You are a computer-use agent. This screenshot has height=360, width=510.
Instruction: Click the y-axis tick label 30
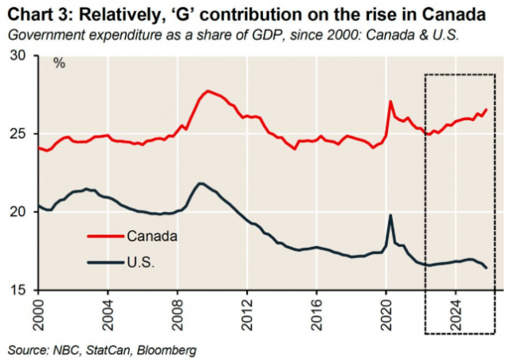(18, 56)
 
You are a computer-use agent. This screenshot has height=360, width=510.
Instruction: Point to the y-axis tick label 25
(18, 133)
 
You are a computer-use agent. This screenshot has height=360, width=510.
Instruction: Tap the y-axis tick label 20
(18, 212)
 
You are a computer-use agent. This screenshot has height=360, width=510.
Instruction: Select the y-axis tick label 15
(18, 290)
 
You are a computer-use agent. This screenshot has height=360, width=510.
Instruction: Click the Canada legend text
(151, 236)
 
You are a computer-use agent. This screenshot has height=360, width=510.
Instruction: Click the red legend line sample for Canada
(105, 236)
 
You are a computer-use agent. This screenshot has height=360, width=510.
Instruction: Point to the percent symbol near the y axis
(59, 63)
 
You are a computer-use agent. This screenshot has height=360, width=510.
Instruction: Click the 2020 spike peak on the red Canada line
(390, 101)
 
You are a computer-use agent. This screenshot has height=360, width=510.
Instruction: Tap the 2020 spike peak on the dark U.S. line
(390, 215)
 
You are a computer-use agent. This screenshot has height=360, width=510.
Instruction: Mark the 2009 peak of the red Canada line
(207, 91)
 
